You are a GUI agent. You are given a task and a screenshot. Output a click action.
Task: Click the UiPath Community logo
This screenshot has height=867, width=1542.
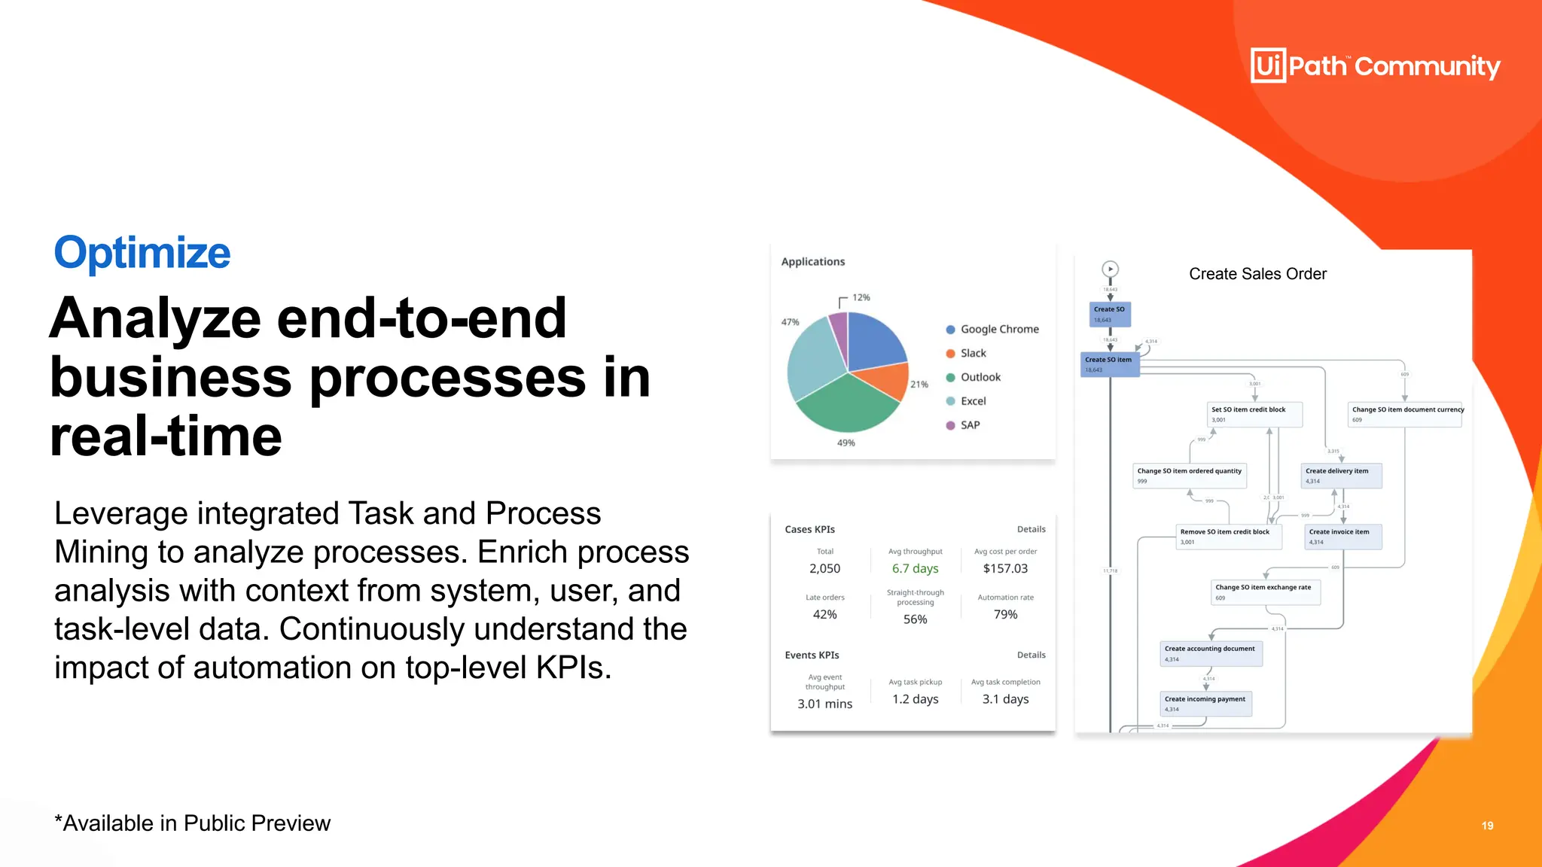click(x=1375, y=66)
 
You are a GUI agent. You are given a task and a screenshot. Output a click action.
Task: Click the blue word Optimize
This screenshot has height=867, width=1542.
click(x=142, y=252)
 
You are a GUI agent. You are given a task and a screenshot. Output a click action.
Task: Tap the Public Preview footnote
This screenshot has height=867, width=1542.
click(x=192, y=823)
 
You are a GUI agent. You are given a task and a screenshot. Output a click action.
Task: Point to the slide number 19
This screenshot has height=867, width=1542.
click(x=1487, y=826)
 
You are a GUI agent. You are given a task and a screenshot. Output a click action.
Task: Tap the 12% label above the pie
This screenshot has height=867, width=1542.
click(x=861, y=297)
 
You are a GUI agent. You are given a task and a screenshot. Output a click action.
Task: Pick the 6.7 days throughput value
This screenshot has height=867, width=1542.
click(x=915, y=568)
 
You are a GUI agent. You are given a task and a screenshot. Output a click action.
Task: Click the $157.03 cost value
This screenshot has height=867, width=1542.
click(x=1004, y=568)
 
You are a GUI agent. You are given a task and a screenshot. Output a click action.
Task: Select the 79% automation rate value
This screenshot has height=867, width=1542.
click(x=1004, y=614)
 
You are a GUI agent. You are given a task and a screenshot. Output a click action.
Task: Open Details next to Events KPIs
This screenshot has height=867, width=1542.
click(x=1031, y=655)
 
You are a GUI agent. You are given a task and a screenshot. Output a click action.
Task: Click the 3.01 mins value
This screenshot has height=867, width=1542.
click(x=824, y=704)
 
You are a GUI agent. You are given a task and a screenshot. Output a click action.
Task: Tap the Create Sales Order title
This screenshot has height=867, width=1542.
click(x=1257, y=274)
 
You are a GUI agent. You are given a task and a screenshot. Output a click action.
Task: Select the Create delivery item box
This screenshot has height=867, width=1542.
click(x=1342, y=476)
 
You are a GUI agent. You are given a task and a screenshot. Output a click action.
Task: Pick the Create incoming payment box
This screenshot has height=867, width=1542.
click(x=1205, y=703)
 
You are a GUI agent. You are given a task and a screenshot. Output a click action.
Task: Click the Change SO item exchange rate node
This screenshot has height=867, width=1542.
click(x=1264, y=592)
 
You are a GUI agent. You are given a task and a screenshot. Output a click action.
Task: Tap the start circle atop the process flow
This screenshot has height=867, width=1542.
click(x=1110, y=269)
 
